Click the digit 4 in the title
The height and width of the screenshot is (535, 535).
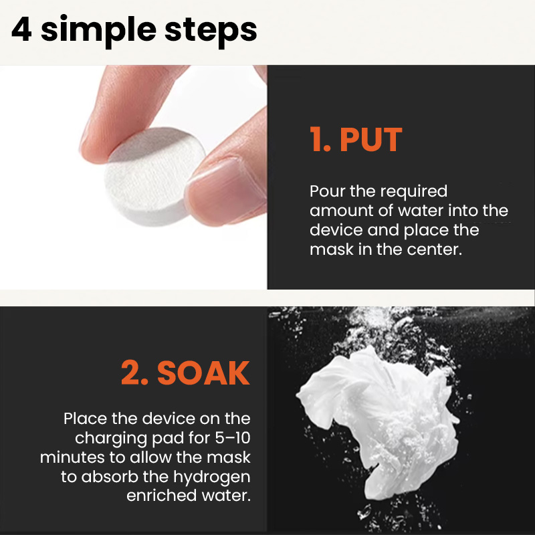click(21, 29)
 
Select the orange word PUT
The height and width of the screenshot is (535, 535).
click(371, 139)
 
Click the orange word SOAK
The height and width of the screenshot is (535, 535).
click(203, 373)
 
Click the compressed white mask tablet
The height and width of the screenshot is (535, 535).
click(154, 176)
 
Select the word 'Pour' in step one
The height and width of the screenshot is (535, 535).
click(327, 191)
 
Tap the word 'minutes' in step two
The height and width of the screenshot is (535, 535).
click(72, 457)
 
